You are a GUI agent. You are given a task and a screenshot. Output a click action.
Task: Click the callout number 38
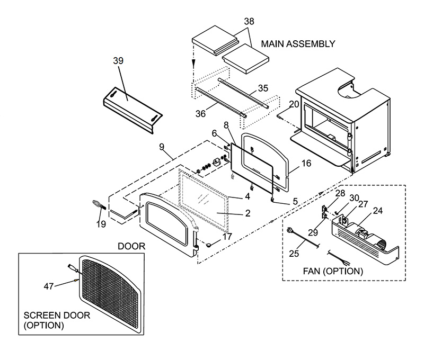[249, 21]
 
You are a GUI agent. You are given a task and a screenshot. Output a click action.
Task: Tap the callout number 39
[118, 61]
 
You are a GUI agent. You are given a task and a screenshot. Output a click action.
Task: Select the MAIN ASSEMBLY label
[298, 44]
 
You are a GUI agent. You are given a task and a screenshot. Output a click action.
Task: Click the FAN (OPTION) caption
[333, 271]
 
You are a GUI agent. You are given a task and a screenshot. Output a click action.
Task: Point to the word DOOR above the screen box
[131, 246]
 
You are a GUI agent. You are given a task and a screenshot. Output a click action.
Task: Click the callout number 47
[49, 286]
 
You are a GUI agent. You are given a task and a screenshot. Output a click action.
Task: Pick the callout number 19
[101, 224]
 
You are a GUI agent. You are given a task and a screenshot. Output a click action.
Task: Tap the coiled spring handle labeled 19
[99, 204]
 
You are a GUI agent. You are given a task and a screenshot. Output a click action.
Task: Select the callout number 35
[263, 88]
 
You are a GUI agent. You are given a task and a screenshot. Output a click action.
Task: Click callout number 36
[200, 114]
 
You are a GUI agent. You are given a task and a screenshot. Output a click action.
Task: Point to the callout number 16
[306, 163]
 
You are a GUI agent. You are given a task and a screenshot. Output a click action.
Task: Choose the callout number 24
[378, 211]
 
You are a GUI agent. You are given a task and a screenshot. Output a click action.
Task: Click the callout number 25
[294, 254]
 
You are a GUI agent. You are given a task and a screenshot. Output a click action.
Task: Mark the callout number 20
[294, 104]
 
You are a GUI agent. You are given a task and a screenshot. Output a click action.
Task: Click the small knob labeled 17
[209, 245]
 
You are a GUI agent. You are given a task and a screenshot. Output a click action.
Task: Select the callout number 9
[162, 147]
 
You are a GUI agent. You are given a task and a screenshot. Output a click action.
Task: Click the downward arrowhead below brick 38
[194, 64]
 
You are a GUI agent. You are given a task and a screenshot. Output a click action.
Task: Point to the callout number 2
[248, 213]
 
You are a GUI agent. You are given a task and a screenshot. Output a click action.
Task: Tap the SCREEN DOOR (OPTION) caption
[57, 320]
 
